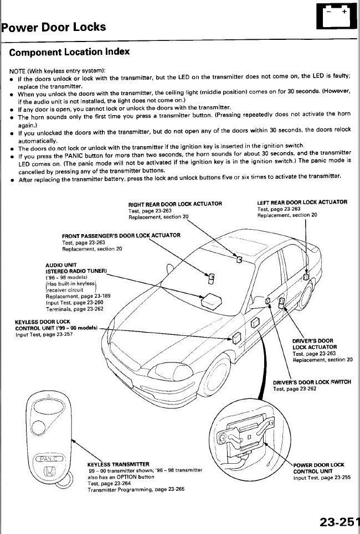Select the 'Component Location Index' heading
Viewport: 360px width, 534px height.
[x=69, y=52]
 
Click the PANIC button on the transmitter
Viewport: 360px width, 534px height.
[x=50, y=458]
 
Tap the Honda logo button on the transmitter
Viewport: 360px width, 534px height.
[x=50, y=474]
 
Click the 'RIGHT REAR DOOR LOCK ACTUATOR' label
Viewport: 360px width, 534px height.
[x=175, y=204]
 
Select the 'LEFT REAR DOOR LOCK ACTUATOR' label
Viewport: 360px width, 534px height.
[x=302, y=202]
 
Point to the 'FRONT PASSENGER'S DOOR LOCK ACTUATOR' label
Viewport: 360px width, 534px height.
[x=121, y=235]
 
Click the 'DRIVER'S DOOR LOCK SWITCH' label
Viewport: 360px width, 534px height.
[x=312, y=382]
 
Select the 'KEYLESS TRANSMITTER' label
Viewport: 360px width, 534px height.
[x=118, y=464]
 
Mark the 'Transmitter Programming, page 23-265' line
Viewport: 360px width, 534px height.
[x=136, y=490]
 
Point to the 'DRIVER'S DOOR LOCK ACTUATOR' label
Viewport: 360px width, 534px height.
[x=313, y=344]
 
